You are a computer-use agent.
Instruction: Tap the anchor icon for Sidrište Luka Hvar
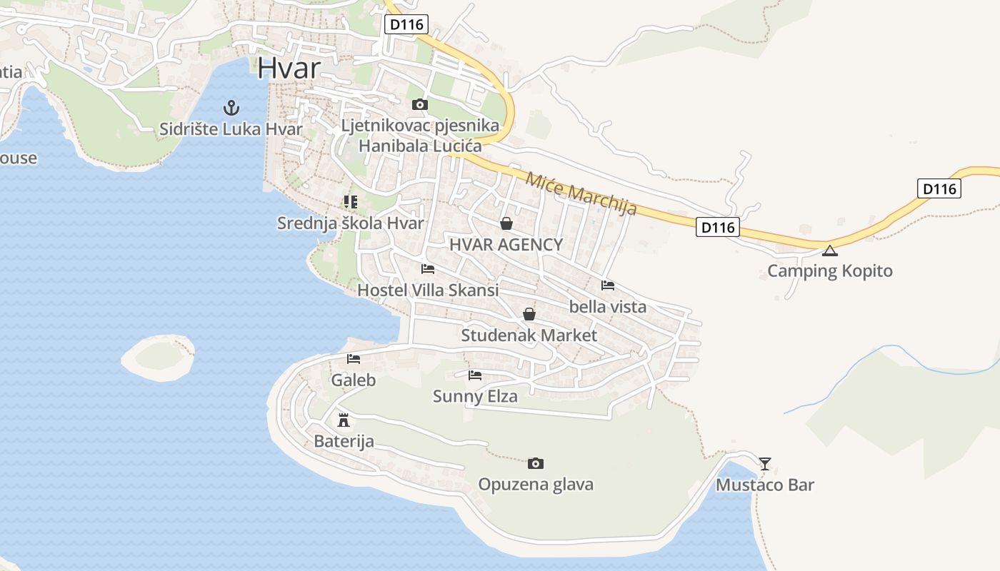(231, 108)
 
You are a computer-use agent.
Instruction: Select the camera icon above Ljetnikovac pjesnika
(420, 105)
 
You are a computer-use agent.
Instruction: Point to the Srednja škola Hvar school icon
(350, 202)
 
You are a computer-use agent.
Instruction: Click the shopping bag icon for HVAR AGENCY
(506, 223)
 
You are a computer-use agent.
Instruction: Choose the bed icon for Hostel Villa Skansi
(428, 269)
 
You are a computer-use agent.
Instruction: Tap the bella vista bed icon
(608, 285)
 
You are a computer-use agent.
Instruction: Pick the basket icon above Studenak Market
(529, 314)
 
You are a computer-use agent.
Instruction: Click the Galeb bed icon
(354, 359)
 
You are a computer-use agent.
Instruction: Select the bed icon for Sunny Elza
(475, 375)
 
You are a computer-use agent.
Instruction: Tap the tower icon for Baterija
(344, 419)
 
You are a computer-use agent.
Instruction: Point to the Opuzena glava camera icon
(536, 464)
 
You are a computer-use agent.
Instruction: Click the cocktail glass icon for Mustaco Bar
(765, 464)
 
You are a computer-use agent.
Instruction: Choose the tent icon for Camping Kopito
(829, 251)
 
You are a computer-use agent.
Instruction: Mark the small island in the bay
(159, 358)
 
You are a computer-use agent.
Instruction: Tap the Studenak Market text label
(529, 335)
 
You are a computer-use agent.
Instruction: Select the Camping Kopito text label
(830, 271)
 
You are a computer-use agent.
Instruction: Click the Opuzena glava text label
(536, 485)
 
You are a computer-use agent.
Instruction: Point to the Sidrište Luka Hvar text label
(231, 129)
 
